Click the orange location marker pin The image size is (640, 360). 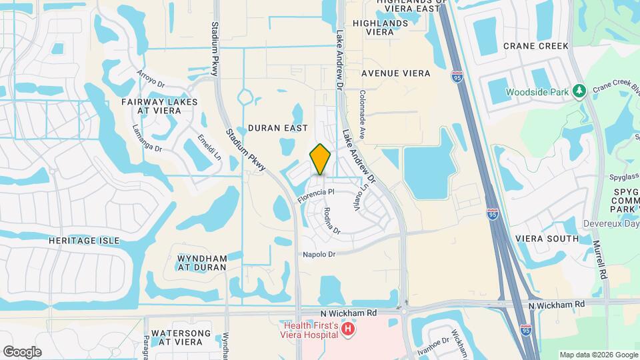click(321, 159)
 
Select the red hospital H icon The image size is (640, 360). click(347, 329)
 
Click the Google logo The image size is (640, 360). click(22, 352)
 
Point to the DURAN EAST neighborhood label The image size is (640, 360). click(277, 127)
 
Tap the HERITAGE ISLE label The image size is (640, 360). click(84, 240)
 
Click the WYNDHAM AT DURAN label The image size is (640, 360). click(202, 263)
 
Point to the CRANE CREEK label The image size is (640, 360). click(536, 46)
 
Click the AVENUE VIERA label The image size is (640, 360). click(395, 73)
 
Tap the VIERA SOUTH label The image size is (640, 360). click(547, 239)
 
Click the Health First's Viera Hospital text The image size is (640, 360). click(312, 329)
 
